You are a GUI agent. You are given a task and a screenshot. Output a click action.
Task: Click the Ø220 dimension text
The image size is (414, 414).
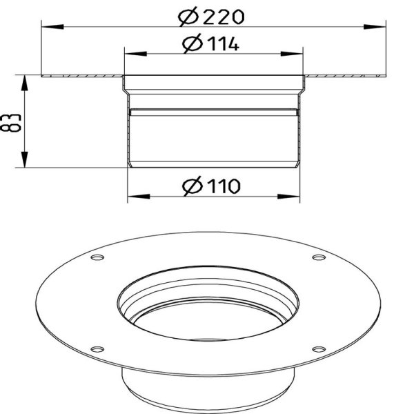211,17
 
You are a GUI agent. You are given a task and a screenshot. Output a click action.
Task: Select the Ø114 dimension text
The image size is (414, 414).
210,43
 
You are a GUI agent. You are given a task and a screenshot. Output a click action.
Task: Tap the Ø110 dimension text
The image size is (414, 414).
211,186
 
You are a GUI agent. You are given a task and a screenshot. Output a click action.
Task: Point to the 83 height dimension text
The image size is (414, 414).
10,123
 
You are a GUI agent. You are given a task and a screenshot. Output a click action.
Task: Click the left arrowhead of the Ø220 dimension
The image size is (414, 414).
52,27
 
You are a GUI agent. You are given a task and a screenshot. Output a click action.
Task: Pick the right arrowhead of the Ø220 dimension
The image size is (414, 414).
375,27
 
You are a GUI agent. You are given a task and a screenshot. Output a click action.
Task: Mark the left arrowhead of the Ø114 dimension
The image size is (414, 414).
135,54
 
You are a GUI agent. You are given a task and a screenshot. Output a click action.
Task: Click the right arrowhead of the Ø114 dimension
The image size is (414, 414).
292,54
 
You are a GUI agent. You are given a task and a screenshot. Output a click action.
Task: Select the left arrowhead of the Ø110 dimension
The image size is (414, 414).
139,197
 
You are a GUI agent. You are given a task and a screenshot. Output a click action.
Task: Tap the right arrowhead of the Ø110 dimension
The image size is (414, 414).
289,197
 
